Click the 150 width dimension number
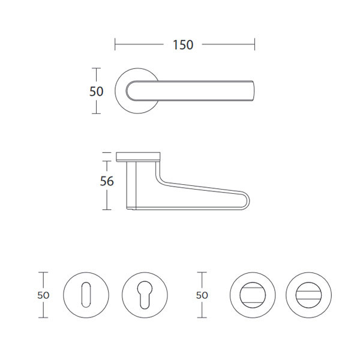tap(183, 45)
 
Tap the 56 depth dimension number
tap(107, 181)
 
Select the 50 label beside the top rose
tap(96, 91)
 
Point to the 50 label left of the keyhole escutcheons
tap(43, 295)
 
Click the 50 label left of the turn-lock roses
tap(202, 295)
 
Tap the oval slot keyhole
tap(86, 295)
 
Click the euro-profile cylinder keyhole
tap(145, 295)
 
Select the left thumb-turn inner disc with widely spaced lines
tap(253, 295)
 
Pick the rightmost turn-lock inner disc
tap(308, 295)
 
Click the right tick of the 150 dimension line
tap(254, 44)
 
